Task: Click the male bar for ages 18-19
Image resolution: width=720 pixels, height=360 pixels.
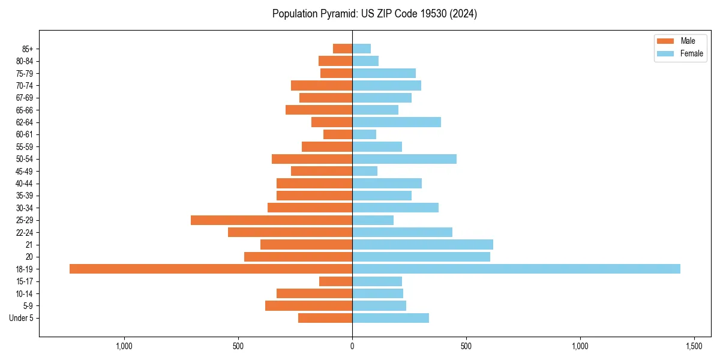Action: [211, 269]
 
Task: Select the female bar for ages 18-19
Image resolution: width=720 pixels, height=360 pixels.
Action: [516, 269]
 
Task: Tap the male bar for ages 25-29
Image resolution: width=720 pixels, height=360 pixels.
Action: [271, 220]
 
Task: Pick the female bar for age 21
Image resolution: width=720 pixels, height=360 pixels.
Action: [422, 244]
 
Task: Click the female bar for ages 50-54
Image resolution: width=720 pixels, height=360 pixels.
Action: [404, 159]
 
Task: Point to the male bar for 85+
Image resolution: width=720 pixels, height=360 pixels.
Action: [343, 49]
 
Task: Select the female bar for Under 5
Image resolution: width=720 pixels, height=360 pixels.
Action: [391, 318]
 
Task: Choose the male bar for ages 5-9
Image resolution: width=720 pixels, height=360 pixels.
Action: [308, 305]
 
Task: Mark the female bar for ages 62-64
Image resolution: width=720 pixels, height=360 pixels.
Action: [397, 122]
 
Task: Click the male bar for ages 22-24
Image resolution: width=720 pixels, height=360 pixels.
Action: [290, 232]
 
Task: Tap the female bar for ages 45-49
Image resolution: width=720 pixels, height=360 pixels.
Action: [365, 171]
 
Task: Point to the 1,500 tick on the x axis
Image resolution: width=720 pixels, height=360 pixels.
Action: [694, 346]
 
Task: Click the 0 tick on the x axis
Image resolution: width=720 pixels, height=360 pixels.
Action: [352, 346]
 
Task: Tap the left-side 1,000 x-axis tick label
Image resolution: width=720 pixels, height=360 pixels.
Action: [124, 346]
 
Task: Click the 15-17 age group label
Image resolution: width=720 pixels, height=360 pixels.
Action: [25, 281]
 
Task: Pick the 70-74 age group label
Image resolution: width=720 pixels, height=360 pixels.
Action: [25, 86]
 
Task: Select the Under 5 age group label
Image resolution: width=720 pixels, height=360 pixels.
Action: [21, 318]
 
